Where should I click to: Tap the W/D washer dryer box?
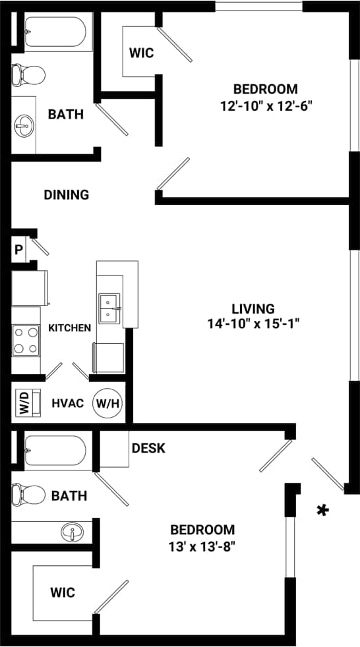(x=24, y=402)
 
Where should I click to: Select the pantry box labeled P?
(x=18, y=250)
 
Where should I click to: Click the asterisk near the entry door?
(x=322, y=510)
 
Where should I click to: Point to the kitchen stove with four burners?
(x=26, y=340)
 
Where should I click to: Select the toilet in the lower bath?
(x=29, y=493)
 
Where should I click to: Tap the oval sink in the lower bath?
(x=71, y=531)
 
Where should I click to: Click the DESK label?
(x=148, y=448)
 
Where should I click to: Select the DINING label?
(x=66, y=194)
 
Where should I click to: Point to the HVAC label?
(x=68, y=402)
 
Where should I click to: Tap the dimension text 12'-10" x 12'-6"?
(x=265, y=104)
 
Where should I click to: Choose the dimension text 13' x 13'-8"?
(x=202, y=545)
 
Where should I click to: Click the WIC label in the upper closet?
(x=141, y=53)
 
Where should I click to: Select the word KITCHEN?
(x=69, y=327)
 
